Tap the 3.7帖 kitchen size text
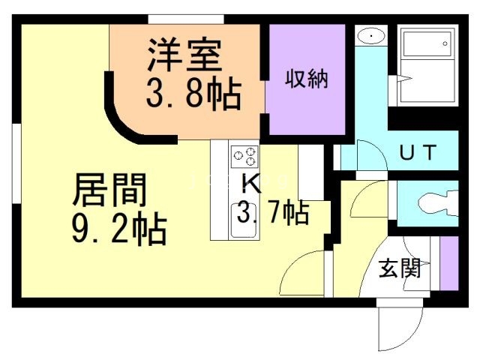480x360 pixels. tap(272, 214)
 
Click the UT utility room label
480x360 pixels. tap(416, 153)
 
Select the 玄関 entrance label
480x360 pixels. tap(398, 268)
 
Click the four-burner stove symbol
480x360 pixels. tap(244, 156)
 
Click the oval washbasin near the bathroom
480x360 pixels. tap(370, 36)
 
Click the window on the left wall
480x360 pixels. tap(15, 165)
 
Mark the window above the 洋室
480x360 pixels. tap(185, 19)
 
